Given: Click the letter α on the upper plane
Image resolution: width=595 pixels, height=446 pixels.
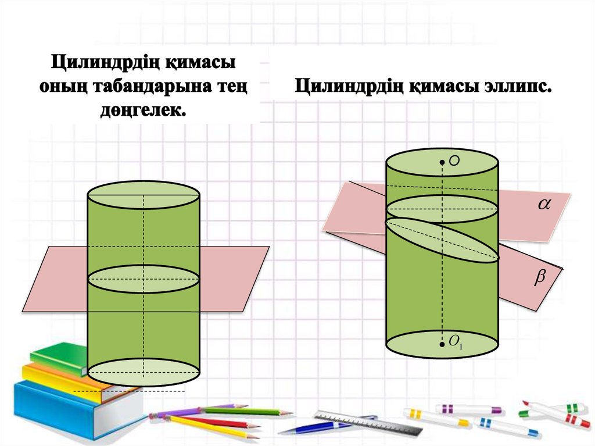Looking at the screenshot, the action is pyautogui.click(x=544, y=204).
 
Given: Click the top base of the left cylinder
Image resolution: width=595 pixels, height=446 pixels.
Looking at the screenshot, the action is pyautogui.click(x=144, y=195).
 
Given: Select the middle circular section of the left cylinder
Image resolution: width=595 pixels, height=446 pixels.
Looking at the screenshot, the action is pyautogui.click(x=144, y=279).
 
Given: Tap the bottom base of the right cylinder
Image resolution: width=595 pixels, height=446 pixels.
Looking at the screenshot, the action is pyautogui.click(x=442, y=344).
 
